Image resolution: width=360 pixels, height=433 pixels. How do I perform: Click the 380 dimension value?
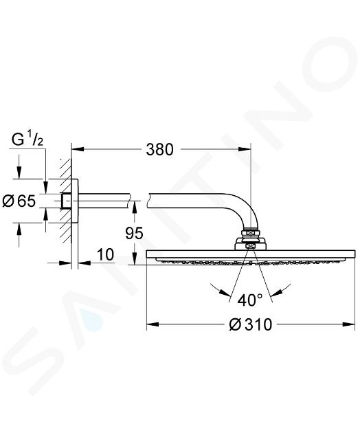click(x=159, y=149)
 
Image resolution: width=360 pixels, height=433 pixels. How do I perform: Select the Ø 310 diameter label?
click(x=250, y=324)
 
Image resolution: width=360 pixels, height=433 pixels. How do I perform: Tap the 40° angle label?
click(x=250, y=300)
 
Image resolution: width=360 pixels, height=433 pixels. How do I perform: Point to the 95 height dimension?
click(x=134, y=233)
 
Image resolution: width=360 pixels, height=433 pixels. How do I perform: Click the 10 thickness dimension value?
click(x=106, y=254)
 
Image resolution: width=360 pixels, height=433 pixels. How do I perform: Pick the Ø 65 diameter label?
click(x=19, y=201)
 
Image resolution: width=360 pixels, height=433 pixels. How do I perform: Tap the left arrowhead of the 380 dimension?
click(x=78, y=149)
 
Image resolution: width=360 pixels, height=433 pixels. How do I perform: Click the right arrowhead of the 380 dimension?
click(x=245, y=149)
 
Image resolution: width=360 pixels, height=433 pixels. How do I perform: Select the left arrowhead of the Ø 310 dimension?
click(x=153, y=324)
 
